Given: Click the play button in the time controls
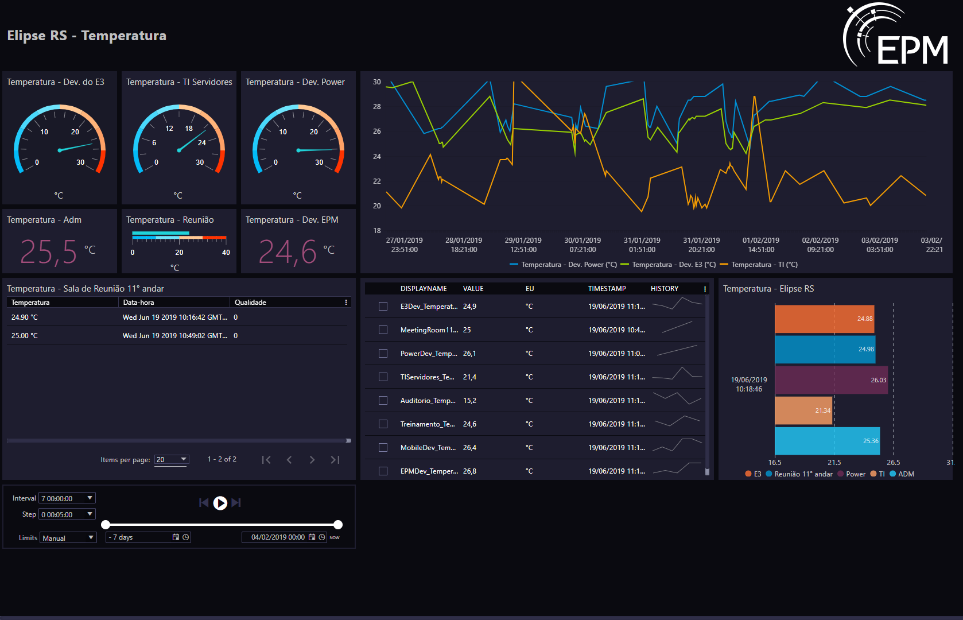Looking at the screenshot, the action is point(220,503).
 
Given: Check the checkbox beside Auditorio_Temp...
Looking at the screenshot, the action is point(383,400).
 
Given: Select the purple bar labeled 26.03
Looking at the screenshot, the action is point(831,379).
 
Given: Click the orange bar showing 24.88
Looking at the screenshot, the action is point(824,319).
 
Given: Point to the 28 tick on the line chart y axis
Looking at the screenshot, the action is point(376,107).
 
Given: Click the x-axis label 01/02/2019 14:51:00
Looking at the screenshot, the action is point(760,245).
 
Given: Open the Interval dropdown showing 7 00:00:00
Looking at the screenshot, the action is point(67,498).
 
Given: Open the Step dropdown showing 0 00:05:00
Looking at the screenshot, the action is point(67,514).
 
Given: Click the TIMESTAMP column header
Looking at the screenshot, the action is point(607,289).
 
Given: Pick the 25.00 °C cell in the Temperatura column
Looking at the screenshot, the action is point(25,335).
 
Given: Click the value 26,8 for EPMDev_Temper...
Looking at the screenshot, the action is point(469,471).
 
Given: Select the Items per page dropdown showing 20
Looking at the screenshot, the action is point(171,460).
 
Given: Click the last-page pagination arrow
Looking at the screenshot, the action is point(335,460).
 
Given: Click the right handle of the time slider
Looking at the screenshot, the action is point(338,525).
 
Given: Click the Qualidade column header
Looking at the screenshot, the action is point(250,303).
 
